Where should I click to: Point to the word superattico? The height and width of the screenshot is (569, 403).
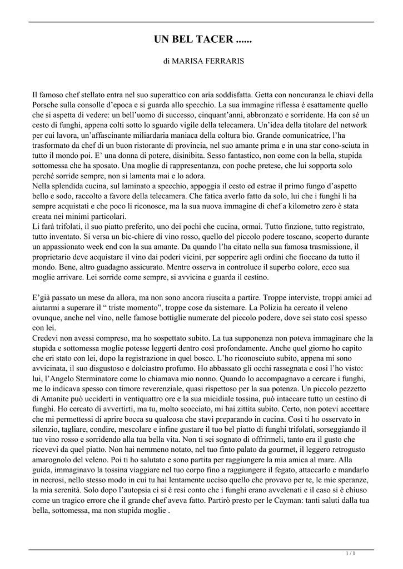tap(174, 94)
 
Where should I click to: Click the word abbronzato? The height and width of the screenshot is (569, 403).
tap(268, 115)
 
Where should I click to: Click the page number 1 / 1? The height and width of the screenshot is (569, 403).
tap(351, 553)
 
